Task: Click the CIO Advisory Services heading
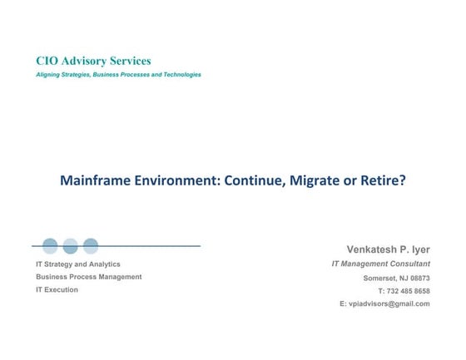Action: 93,61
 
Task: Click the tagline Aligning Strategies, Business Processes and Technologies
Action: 118,75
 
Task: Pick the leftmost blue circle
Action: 50,246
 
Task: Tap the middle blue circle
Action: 70,246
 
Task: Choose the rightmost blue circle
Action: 91,246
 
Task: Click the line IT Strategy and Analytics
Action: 77,264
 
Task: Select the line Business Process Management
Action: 88,277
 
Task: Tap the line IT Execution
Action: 57,290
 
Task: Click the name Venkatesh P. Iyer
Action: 388,249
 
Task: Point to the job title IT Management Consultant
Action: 380,264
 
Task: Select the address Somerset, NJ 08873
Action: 396,278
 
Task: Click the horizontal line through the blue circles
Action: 150,246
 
